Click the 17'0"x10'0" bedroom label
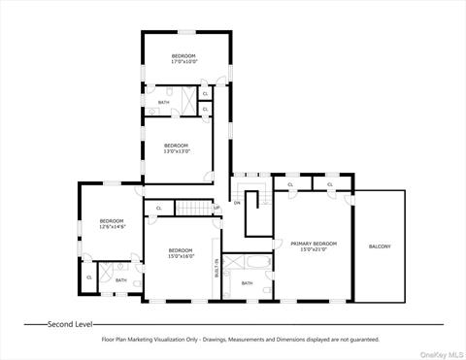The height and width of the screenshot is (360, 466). pos(183,59)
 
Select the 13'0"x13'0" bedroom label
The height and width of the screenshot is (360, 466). pos(177,147)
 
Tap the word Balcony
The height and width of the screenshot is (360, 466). pos(380,246)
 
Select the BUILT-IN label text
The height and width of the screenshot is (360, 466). pos(216,268)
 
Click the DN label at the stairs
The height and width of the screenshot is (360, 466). pos(237,203)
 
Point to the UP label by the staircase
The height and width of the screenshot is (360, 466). pos(216,207)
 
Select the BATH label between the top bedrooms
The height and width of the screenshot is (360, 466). pos(163,101)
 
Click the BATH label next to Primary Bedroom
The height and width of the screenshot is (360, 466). pos(247,283)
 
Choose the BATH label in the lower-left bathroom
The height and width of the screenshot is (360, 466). pos(120,280)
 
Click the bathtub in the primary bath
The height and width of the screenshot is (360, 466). pos(248,262)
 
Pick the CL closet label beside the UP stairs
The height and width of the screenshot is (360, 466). pos(158,207)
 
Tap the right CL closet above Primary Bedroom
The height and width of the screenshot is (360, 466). pos(330,184)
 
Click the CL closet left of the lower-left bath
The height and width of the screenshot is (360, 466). pos(89,278)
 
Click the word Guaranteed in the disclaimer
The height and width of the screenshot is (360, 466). pos(360,340)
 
